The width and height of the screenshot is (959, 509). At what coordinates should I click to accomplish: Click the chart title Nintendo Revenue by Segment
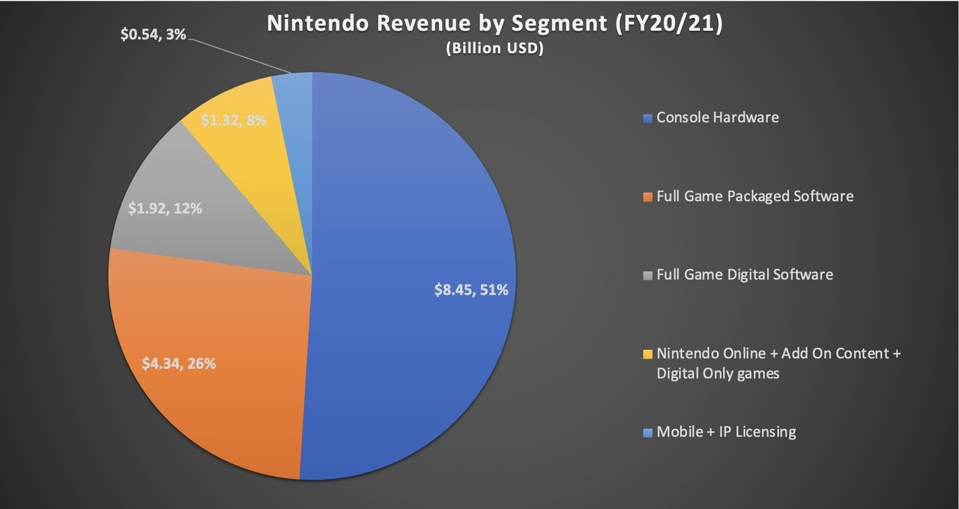pos(494,24)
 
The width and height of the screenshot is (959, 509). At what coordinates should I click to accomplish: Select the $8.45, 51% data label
pos(471,289)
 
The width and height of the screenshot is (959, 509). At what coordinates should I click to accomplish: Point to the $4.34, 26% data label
pos(179,364)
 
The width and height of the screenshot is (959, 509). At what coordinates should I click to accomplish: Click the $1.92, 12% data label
pos(165,208)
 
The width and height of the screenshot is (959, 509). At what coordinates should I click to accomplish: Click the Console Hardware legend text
pos(717,118)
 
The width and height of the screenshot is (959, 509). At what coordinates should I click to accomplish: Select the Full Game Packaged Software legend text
pos(754,196)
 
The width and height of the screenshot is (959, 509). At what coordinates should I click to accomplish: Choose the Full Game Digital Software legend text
pos(744,274)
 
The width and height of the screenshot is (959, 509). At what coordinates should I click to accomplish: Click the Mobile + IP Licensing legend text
pos(726,432)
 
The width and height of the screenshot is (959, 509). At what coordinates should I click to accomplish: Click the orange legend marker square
pos(648,197)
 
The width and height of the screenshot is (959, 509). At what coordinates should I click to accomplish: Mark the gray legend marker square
pos(648,275)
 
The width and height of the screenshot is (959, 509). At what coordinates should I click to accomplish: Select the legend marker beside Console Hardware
pos(648,118)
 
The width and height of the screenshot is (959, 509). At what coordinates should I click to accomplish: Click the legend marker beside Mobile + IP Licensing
pos(648,433)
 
